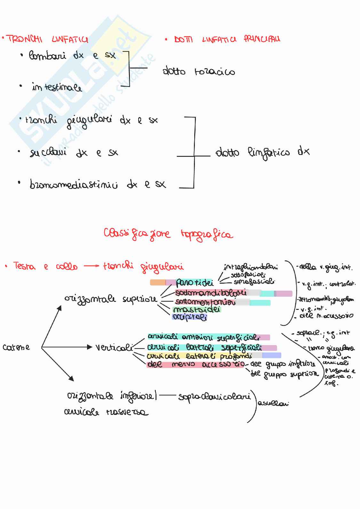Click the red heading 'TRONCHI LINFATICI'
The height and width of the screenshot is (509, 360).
click(x=47, y=40)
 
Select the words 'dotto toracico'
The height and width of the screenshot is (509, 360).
click(x=198, y=71)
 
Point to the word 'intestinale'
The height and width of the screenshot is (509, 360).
click(x=57, y=87)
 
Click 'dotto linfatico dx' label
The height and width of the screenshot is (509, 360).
click(x=262, y=152)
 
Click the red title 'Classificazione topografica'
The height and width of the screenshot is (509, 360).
click(x=168, y=234)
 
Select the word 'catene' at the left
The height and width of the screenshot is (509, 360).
click(x=16, y=347)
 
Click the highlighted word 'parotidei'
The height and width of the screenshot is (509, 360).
click(x=195, y=282)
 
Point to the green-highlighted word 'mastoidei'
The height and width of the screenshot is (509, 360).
click(x=196, y=310)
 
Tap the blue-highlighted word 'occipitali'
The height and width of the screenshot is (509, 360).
click(x=189, y=317)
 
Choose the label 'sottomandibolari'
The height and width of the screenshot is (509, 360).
click(x=211, y=293)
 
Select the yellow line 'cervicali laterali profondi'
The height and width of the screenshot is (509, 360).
click(x=199, y=356)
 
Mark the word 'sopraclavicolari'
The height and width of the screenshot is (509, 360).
click(x=214, y=397)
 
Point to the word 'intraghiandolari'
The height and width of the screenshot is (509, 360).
click(x=251, y=267)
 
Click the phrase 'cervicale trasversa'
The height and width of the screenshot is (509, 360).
click(x=106, y=412)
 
